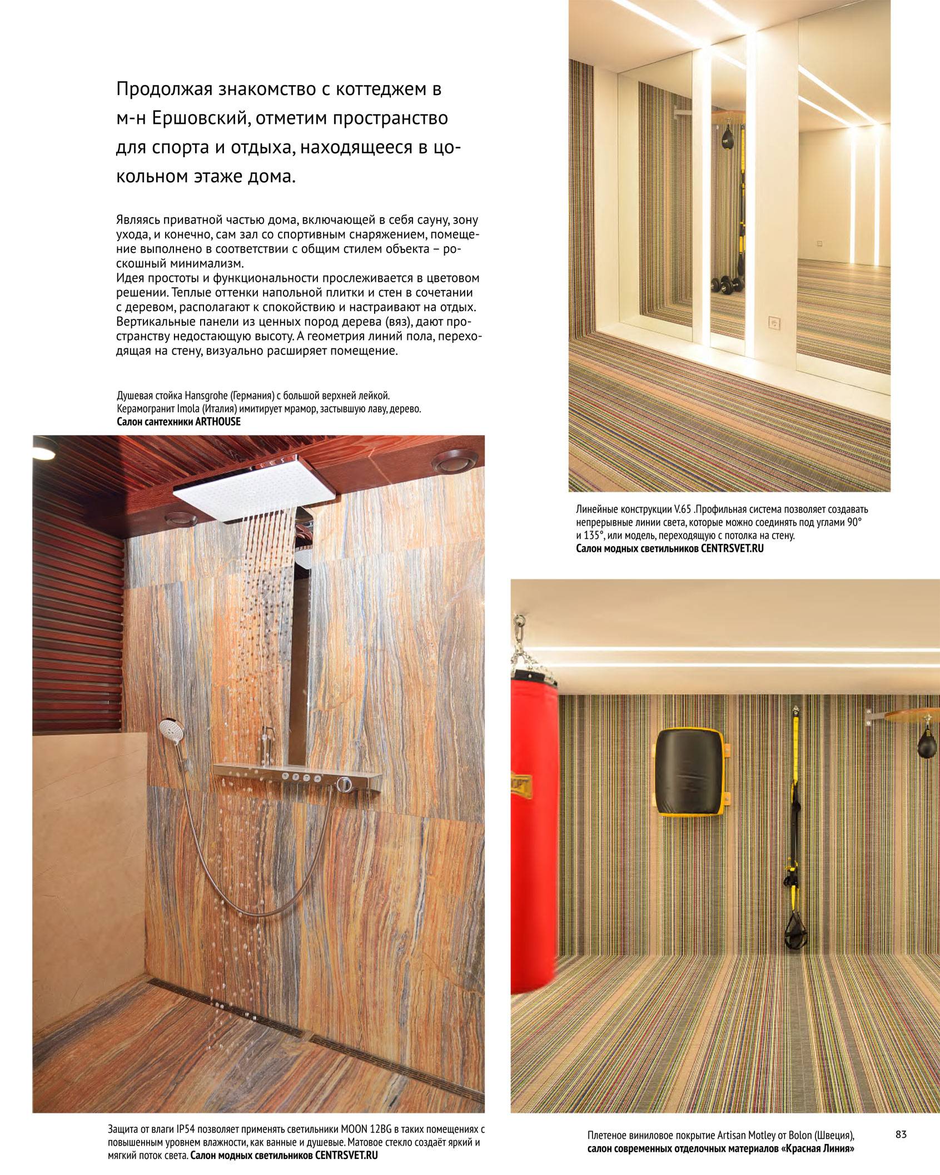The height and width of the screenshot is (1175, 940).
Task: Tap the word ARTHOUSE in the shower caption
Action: (x=217, y=422)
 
